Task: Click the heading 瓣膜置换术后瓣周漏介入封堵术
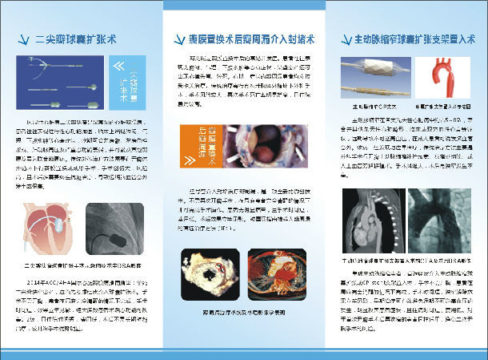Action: pyautogui.click(x=242, y=38)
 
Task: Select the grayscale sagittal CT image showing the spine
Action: pyautogui.click(x=371, y=220)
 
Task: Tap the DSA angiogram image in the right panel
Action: pyautogui.click(x=444, y=220)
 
